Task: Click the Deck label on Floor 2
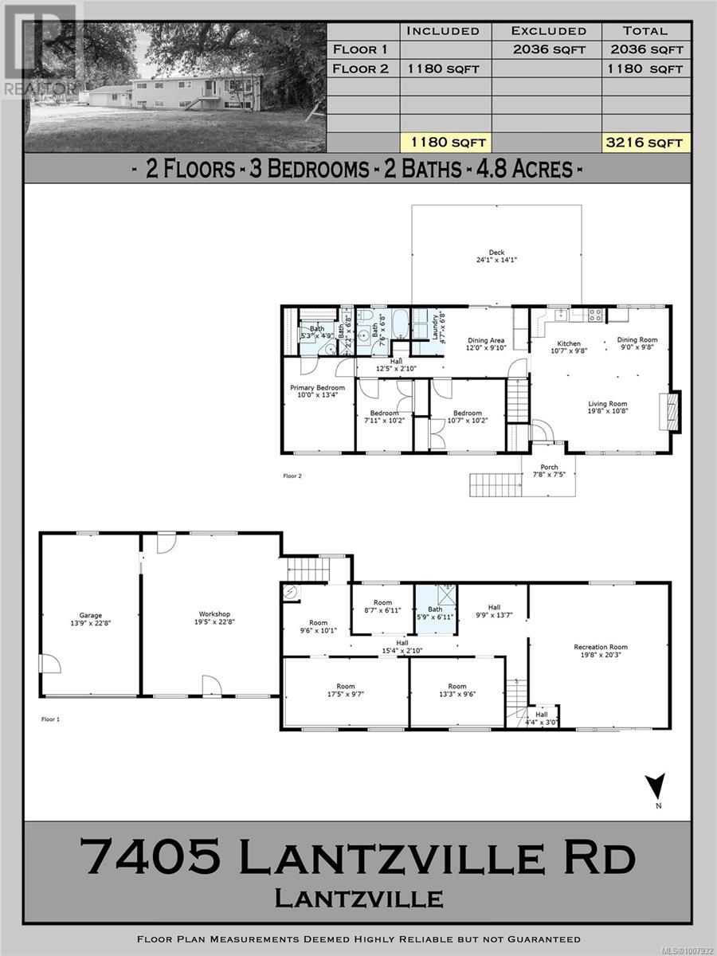pyautogui.click(x=496, y=255)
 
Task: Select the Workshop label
pyautogui.click(x=214, y=618)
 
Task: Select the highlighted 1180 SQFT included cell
pyautogui.click(x=445, y=143)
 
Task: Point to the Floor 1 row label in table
pyautogui.click(x=360, y=49)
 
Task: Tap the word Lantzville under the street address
pyautogui.click(x=358, y=898)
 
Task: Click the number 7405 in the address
pyautogui.click(x=151, y=858)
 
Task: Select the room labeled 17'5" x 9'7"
pyautogui.click(x=346, y=691)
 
